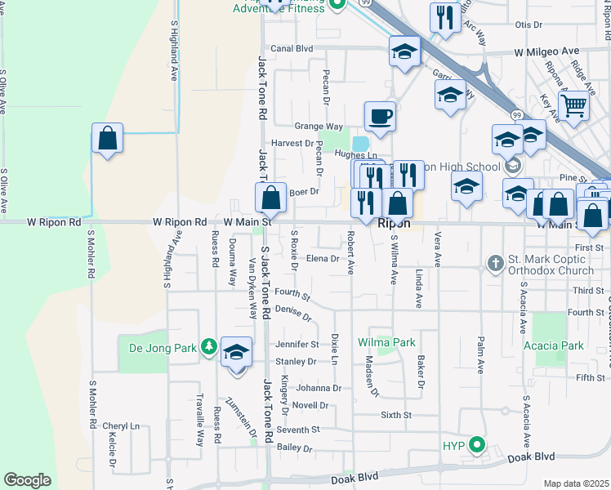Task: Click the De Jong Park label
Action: click(x=163, y=348)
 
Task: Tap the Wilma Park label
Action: click(x=386, y=343)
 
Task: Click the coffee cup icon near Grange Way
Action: click(x=379, y=117)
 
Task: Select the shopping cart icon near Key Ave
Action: click(x=573, y=105)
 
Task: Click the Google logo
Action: click(x=27, y=480)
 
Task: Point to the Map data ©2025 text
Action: click(x=576, y=483)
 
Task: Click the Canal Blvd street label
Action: click(x=292, y=49)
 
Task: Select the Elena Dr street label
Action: click(x=323, y=259)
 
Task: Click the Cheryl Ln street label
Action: click(x=121, y=426)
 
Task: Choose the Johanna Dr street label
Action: click(x=319, y=388)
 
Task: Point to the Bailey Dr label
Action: click(x=295, y=448)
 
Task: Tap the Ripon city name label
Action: click(x=393, y=223)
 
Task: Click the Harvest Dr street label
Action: click(x=297, y=143)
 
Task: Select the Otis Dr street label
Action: click(x=528, y=24)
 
